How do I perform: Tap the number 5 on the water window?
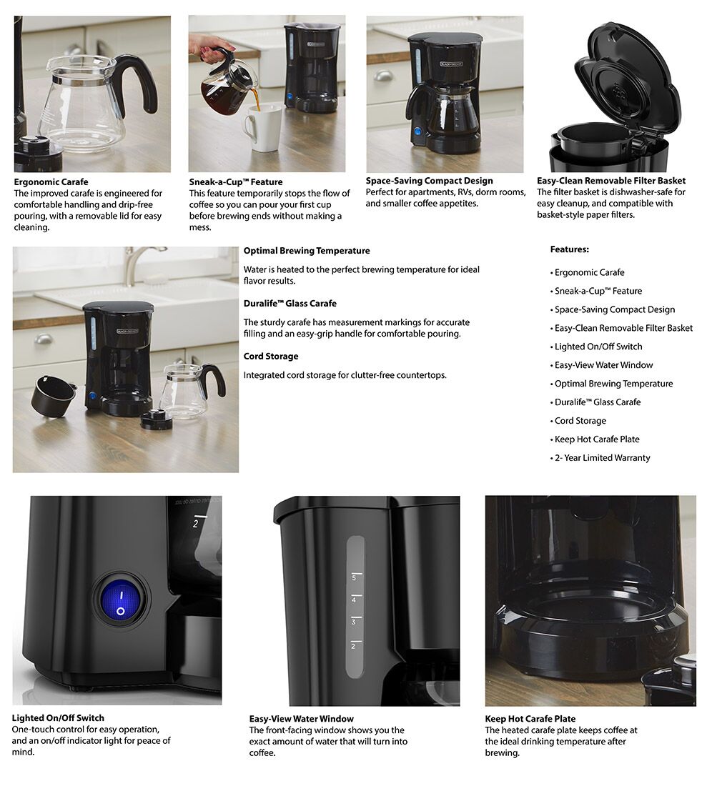coord(353,577)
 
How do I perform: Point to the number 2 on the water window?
coord(353,646)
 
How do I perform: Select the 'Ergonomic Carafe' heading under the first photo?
coord(51,182)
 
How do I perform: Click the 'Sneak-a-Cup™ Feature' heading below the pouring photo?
coord(235,182)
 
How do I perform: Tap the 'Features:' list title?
coord(569,249)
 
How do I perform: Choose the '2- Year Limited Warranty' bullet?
coord(602,458)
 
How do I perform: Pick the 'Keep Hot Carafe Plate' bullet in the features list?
coord(597,439)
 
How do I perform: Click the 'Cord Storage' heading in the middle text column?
coord(270,357)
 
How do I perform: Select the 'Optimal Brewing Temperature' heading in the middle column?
coord(306,251)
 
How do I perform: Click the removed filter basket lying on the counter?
coord(52,394)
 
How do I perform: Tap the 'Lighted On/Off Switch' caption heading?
coord(58,718)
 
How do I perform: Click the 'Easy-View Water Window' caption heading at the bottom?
coord(301,719)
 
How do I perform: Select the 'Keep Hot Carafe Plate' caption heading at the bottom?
coord(530,719)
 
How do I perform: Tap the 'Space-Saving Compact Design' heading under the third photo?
coord(429,181)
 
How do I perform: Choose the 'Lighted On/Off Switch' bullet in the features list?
coord(598,347)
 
